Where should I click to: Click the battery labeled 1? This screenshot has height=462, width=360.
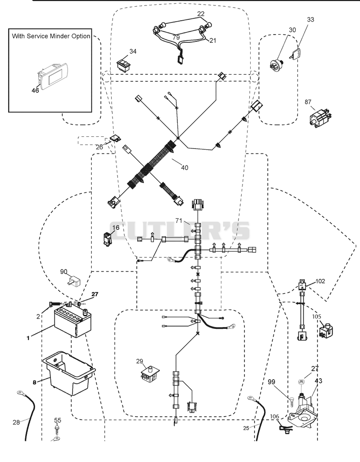coord(72,321)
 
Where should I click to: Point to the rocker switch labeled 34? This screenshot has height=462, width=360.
coord(123,65)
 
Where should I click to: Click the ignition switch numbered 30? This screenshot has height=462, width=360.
coord(276,64)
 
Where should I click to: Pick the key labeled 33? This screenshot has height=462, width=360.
coord(296,54)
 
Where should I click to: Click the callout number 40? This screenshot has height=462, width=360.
coord(184,168)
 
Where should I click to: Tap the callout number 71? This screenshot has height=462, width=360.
coord(179,220)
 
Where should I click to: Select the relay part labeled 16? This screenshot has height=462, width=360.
coord(108,239)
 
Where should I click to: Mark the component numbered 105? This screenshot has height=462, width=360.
coord(326,331)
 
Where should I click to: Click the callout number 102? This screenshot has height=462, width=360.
coord(320,281)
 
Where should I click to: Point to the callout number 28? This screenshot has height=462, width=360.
coord(16,422)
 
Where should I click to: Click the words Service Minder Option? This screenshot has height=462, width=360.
coord(58,36)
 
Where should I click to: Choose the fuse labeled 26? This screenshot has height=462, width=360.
coord(115,139)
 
